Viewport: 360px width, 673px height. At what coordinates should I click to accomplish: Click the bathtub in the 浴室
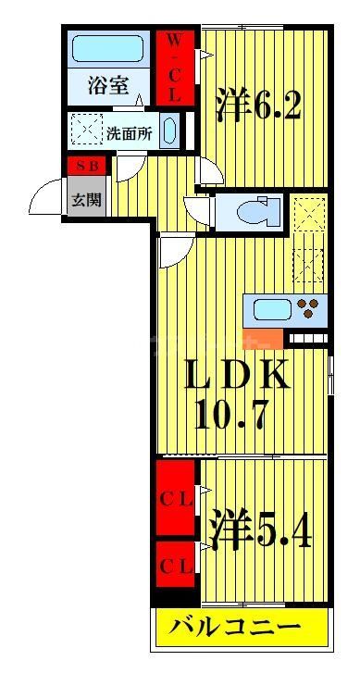coord(107,48)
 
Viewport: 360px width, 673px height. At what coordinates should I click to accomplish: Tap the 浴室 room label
coord(108,84)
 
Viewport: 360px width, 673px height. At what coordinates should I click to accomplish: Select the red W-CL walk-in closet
coord(174,68)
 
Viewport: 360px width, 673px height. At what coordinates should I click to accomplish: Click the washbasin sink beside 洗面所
coord(170,131)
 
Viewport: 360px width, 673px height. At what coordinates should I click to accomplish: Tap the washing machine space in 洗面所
coord(87,129)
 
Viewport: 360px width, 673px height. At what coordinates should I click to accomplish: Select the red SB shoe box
coord(87,166)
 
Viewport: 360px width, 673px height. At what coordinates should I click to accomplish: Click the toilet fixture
coord(257,212)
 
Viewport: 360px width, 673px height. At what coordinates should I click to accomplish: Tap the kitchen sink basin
coord(271,309)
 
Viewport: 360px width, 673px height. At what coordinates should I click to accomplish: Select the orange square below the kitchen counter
coord(263,339)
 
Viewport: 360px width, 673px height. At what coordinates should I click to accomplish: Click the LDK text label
coord(235,375)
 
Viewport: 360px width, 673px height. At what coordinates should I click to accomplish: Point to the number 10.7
coord(231,414)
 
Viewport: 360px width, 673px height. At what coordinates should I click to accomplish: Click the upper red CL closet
coord(176,498)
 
